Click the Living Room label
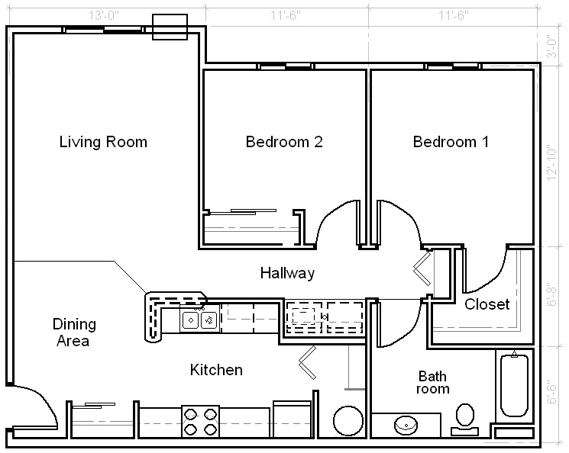click(x=103, y=142)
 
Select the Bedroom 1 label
click(x=451, y=142)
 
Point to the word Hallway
click(x=287, y=273)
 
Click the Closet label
click(x=487, y=304)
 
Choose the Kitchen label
click(x=216, y=370)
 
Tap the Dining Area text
click(x=73, y=333)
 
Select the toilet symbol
click(x=464, y=419)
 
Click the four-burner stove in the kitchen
click(x=200, y=422)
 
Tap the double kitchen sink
click(x=200, y=320)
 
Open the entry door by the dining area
click(x=34, y=408)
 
